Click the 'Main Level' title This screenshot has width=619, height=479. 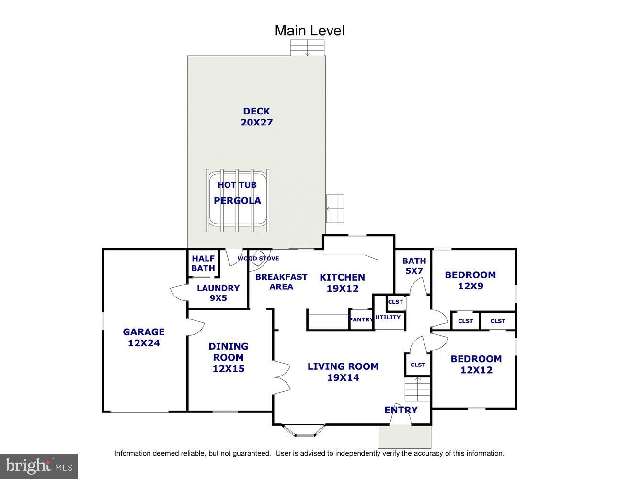pos(309,31)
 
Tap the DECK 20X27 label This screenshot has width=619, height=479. pos(257,117)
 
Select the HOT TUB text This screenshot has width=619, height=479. pos(237,185)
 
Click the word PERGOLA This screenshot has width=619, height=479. pos(237,201)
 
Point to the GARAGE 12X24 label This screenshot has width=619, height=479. pos(144,338)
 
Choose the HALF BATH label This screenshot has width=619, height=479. pos(203,263)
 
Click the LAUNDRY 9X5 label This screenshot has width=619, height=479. pos(218,293)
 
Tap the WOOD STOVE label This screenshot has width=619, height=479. pos(258,258)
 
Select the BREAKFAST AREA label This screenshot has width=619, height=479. pos(281,282)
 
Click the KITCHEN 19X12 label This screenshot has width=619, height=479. pos(343,283)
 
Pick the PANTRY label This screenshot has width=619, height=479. pos(361,319)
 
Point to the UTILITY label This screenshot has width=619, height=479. pos(388,317)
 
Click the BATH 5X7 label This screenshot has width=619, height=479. pos(414,266)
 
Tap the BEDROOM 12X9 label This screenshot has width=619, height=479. pos(470,280)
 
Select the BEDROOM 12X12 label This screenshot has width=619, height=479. pos(476,364)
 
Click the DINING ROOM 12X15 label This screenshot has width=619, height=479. pos(229,357)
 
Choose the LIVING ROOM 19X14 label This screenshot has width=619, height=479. pos(343,372)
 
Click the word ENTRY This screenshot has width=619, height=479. pos(401,410)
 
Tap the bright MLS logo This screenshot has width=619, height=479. pos(39,466)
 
